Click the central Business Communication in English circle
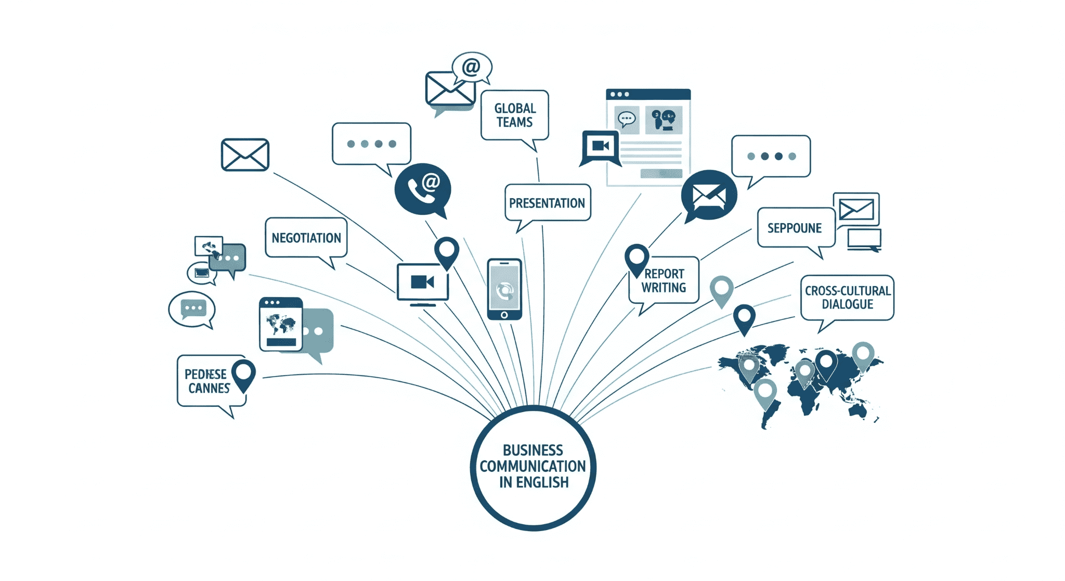click(x=533, y=467)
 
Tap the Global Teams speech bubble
click(x=514, y=115)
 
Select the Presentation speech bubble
click(x=547, y=203)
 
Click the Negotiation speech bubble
click(x=306, y=238)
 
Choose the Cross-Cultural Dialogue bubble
click(x=847, y=298)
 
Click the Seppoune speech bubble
click(x=795, y=228)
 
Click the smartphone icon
click(x=504, y=289)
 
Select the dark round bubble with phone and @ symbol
click(x=422, y=189)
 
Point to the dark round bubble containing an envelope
click(x=709, y=195)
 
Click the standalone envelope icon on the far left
click(x=245, y=154)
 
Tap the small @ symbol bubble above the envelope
click(x=471, y=67)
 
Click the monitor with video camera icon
click(x=422, y=282)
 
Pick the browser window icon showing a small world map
click(x=281, y=324)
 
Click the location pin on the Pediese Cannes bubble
click(x=243, y=373)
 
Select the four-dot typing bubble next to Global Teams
click(x=371, y=144)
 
